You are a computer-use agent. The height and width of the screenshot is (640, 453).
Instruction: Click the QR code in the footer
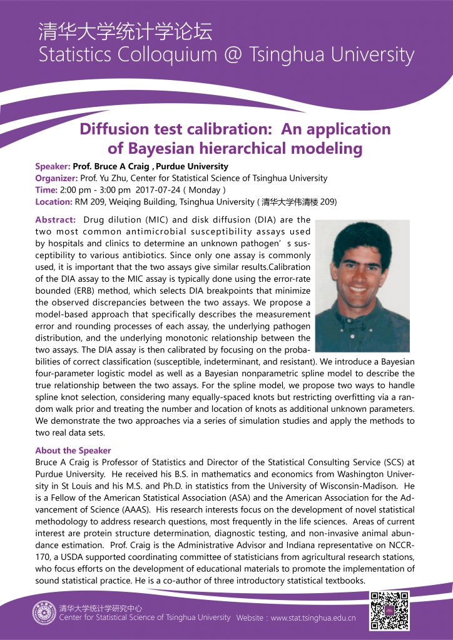pos(389,610)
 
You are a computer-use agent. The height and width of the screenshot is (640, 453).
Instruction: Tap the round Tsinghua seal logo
pos(44,612)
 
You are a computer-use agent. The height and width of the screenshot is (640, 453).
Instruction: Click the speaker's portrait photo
pos(362,286)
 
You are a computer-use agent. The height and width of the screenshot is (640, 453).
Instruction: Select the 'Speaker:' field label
pos(53,166)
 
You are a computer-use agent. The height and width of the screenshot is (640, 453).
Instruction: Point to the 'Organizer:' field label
pos(56,178)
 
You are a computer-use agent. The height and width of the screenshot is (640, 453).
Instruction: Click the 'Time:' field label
pos(46,190)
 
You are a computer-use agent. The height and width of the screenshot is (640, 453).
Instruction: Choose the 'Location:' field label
pos(54,202)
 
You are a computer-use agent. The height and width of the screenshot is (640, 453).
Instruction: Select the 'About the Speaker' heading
pos(73,451)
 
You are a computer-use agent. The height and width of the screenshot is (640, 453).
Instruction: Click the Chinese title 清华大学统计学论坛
pos(125,31)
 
